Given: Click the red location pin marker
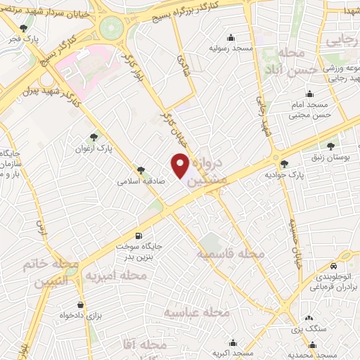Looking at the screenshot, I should pyautogui.click(x=181, y=166).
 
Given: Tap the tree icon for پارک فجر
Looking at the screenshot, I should pyautogui.click(x=25, y=28).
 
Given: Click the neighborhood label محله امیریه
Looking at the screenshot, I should pyautogui.click(x=116, y=276).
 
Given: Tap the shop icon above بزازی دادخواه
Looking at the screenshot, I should pyautogui.click(x=82, y=304).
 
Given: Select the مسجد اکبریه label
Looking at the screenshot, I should pyautogui.click(x=233, y=353).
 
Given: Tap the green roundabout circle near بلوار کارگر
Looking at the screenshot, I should pyautogui.click(x=110, y=28).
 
